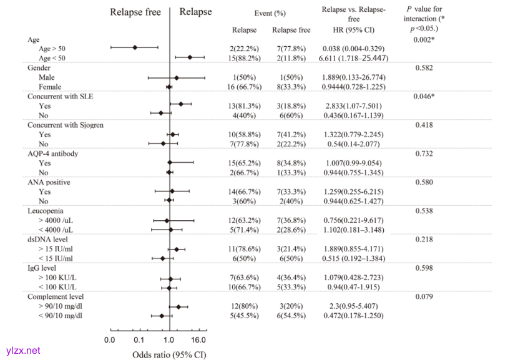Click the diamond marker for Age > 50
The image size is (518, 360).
(x=135, y=47)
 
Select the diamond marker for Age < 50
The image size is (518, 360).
(x=190, y=57)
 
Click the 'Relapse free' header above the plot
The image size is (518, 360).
(x=135, y=12)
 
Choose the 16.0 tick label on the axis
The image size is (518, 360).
(x=198, y=341)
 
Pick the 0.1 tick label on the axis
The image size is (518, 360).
(x=139, y=341)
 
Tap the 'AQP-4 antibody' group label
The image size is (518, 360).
(x=53, y=153)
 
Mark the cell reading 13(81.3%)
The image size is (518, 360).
(x=244, y=106)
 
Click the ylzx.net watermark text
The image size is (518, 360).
(x=21, y=351)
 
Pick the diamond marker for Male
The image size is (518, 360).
(x=177, y=77)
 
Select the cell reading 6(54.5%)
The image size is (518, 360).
(x=291, y=316)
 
